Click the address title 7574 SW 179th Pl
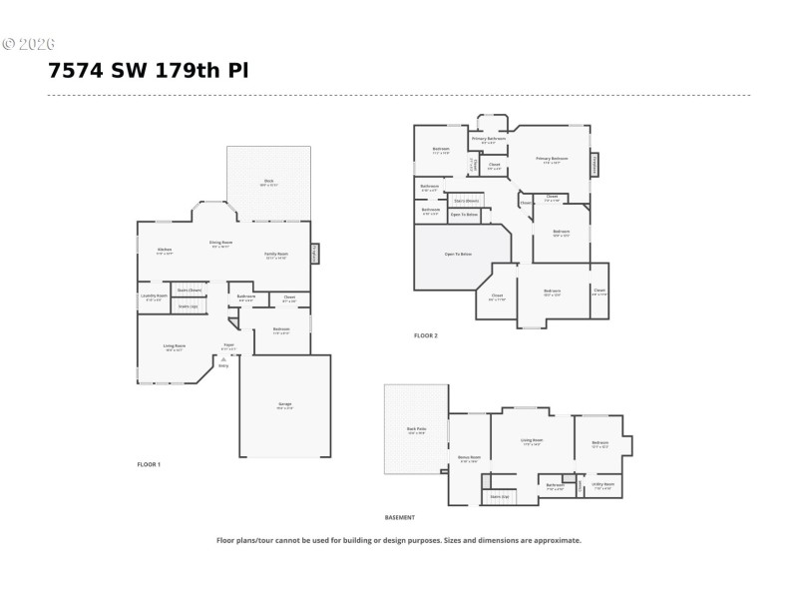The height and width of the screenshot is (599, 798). click(148, 71)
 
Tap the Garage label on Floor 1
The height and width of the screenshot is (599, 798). click(284, 404)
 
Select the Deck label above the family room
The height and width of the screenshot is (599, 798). click(268, 183)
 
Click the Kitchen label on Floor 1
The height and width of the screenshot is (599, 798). click(165, 252)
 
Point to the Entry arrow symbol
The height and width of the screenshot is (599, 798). click(222, 360)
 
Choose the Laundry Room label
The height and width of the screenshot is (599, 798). click(154, 297)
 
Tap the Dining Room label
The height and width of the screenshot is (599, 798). click(220, 244)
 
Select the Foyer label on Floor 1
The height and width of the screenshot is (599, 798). click(228, 346)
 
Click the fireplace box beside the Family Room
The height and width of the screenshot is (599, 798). click(315, 254)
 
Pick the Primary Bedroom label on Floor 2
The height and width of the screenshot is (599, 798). click(552, 159)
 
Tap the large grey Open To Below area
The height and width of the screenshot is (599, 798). click(458, 255)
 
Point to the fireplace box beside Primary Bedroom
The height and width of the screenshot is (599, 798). click(596, 163)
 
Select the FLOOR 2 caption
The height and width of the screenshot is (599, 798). click(426, 335)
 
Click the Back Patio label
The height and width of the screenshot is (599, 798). click(416, 430)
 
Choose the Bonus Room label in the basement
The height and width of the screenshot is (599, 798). click(469, 458)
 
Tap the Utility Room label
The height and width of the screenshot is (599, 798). click(602, 485)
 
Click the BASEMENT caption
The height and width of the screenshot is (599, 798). click(399, 517)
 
